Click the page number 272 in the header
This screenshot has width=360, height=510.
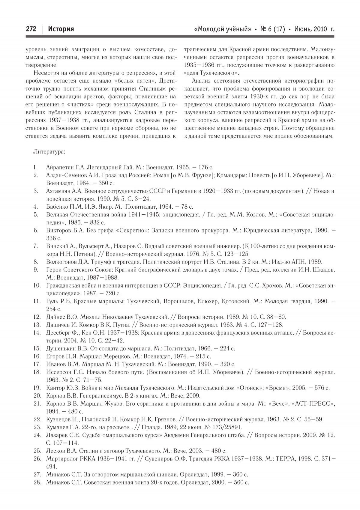(x=31, y=29)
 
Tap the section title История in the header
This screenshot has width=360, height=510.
(x=61, y=29)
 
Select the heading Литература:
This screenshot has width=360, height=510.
(x=49, y=152)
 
